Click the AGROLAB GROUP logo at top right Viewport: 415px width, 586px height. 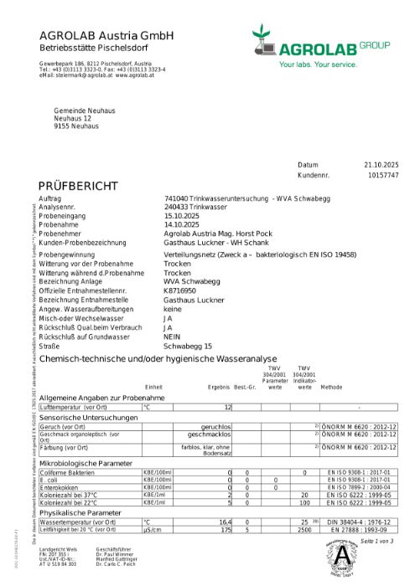318,47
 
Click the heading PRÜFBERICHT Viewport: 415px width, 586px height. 73,185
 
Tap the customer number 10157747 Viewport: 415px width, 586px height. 383,176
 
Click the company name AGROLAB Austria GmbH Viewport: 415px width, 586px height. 106,35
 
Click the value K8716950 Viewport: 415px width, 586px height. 179,290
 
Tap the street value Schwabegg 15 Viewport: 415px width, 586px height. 188,346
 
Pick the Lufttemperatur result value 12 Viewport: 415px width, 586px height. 227,407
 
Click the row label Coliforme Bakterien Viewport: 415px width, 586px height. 68,473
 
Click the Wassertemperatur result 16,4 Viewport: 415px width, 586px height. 225,522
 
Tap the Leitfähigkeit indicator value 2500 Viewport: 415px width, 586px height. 304,529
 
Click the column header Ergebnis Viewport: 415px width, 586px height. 218,388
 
